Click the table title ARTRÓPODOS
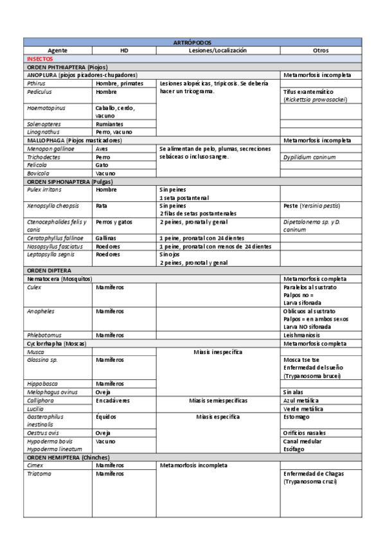(192, 42)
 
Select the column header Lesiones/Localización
(217, 49)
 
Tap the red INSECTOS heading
(40, 58)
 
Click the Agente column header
(57, 49)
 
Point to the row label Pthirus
(36, 84)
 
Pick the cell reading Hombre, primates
(120, 84)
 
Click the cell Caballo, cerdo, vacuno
(114, 112)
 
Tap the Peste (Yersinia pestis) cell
(312, 206)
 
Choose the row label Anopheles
(40, 311)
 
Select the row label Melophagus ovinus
(52, 391)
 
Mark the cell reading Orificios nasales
(307, 433)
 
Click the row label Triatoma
(39, 473)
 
